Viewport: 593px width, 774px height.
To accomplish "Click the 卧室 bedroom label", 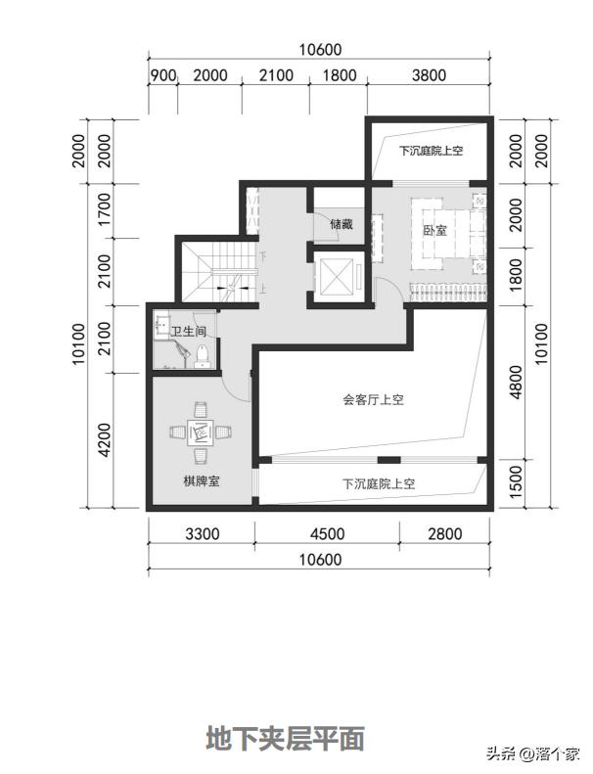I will pyautogui.click(x=434, y=232).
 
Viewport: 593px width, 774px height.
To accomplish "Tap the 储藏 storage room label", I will pyautogui.click(x=341, y=224).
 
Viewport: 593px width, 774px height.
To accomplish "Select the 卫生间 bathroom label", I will pyautogui.click(x=188, y=332).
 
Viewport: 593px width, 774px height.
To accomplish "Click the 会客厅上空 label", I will pyautogui.click(x=373, y=399).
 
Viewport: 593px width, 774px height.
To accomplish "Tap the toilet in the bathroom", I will pyautogui.click(x=203, y=353).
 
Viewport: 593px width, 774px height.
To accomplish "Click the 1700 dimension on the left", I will pyautogui.click(x=105, y=209).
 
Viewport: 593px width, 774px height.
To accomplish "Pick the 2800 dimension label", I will pyautogui.click(x=443, y=534).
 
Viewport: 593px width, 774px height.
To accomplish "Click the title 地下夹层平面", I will pyautogui.click(x=285, y=739).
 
